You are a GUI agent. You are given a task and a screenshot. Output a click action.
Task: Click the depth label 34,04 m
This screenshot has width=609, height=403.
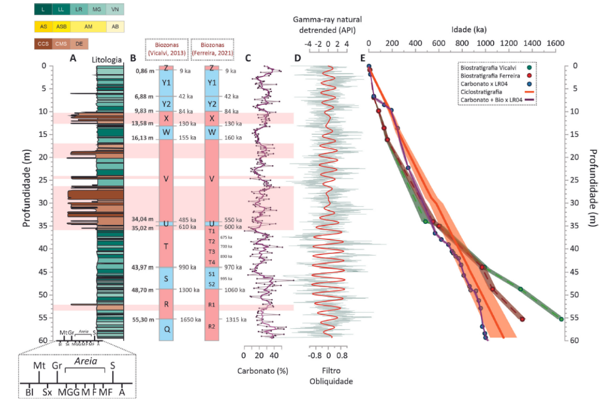pyautogui.click(x=143, y=220)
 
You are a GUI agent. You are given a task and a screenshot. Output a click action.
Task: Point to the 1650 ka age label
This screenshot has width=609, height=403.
pyautogui.click(x=190, y=320)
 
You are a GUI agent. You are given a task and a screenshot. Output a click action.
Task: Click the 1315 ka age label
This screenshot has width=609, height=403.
pyautogui.click(x=235, y=320)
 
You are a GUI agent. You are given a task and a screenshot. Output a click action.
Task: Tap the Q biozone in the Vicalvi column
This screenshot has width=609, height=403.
pyautogui.click(x=167, y=329)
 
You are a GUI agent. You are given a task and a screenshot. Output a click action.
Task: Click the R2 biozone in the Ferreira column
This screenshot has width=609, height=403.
pyautogui.click(x=212, y=327)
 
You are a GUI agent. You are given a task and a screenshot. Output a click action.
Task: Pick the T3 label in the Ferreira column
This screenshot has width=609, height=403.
pyautogui.click(x=212, y=252)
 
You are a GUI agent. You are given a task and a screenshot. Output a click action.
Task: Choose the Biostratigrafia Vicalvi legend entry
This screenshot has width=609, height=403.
pyautogui.click(x=493, y=67)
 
